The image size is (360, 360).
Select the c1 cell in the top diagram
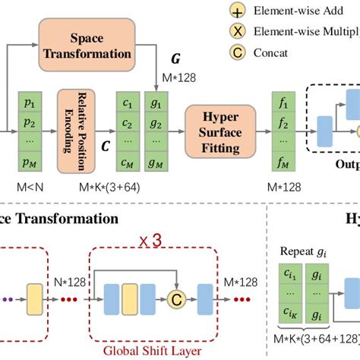[127, 101]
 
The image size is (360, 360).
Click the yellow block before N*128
[35, 295]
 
